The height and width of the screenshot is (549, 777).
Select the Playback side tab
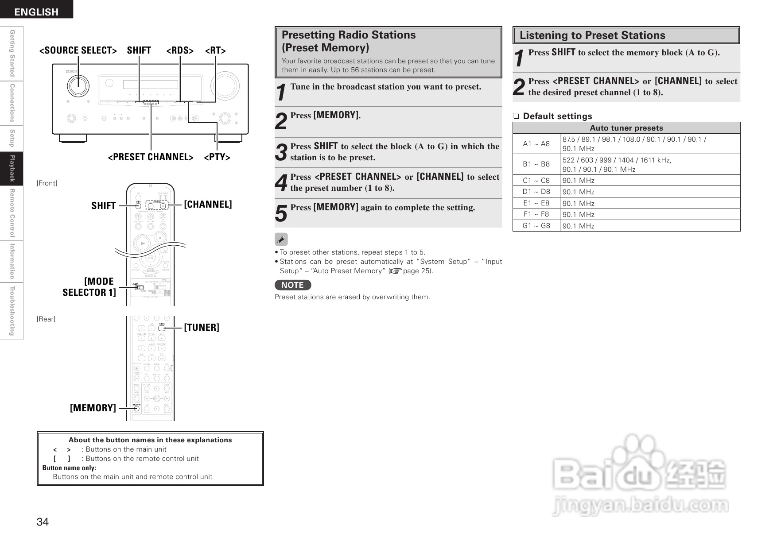coord(12,169)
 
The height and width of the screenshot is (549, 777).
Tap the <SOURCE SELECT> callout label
coord(78,50)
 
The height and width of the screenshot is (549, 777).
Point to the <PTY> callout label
coord(217,157)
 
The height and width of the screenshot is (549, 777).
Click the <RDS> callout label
coord(180,50)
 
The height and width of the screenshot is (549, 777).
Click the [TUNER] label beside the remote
coord(202,327)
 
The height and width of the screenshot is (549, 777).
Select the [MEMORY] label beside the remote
coord(93,408)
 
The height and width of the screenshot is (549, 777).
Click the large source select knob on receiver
coord(78,85)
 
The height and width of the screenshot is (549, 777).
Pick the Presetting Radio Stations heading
coord(349,41)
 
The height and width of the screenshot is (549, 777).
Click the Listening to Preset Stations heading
coord(592,35)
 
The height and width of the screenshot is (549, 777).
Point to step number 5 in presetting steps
coord(281,213)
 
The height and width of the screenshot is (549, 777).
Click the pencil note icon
coord(281,240)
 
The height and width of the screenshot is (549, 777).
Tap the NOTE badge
coord(292,285)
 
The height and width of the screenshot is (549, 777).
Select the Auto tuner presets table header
coord(626,128)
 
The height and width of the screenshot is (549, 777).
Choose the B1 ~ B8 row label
coord(536,164)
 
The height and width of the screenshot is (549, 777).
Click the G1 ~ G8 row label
coord(536,226)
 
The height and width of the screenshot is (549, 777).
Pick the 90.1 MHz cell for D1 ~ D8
coord(579,192)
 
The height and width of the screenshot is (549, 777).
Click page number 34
coord(43,522)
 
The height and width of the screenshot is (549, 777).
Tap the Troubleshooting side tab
coord(12,311)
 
